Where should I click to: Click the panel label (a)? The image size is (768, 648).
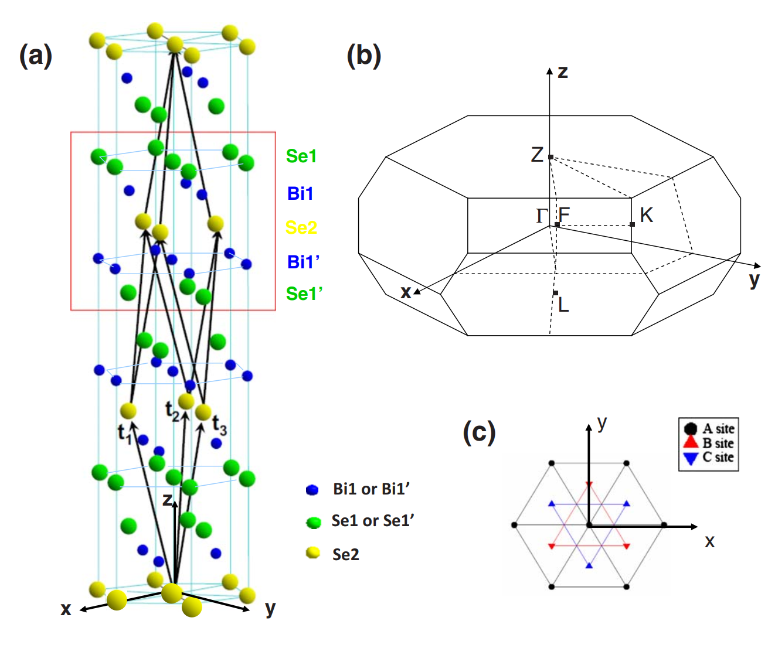pyautogui.click(x=36, y=56)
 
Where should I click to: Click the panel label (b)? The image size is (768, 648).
pyautogui.click(x=363, y=56)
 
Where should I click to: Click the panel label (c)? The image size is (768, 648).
pyautogui.click(x=479, y=432)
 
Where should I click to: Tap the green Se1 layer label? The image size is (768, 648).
pyautogui.click(x=301, y=156)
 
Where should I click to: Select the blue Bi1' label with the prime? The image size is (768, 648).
pyautogui.click(x=304, y=262)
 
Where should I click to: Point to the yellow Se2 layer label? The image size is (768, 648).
pyautogui.click(x=301, y=227)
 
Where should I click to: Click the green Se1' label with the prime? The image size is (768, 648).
pyautogui.click(x=304, y=294)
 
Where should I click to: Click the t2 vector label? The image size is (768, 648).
pyautogui.click(x=172, y=411)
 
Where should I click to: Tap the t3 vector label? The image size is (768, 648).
pyautogui.click(x=220, y=425)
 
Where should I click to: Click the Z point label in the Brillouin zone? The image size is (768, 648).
pyautogui.click(x=537, y=155)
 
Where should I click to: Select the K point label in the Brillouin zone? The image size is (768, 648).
pyautogui.click(x=646, y=214)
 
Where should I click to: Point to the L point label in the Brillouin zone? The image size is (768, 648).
pyautogui.click(x=563, y=305)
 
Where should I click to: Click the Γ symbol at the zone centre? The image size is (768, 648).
pyautogui.click(x=542, y=216)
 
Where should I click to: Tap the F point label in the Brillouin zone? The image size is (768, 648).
pyautogui.click(x=564, y=213)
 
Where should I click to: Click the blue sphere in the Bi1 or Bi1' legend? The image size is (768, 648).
pyautogui.click(x=312, y=490)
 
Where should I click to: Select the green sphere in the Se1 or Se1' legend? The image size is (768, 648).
pyautogui.click(x=314, y=522)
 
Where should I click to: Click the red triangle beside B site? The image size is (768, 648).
pyautogui.click(x=691, y=442)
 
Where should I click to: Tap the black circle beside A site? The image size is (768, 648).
pyautogui.click(x=691, y=428)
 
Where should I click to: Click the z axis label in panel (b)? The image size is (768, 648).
pyautogui.click(x=563, y=71)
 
